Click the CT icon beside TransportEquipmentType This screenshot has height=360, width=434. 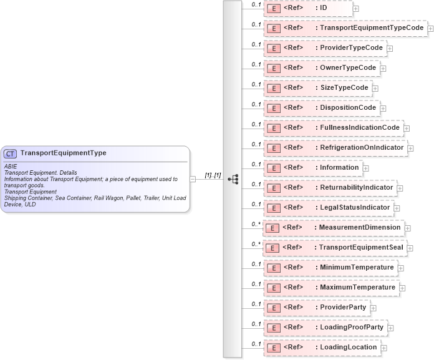point(11,153)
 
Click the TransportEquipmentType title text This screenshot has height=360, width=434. point(63,153)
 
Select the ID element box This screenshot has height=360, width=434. point(307,8)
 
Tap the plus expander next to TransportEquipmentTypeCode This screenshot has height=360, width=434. point(431,29)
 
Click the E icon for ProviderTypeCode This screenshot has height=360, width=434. point(272,48)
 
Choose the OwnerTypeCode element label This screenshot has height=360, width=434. point(348,67)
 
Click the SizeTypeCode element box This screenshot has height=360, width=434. point(318,88)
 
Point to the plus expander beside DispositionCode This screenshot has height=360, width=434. point(383,109)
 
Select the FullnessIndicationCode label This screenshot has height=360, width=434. point(360,128)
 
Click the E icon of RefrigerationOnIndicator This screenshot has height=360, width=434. point(272,148)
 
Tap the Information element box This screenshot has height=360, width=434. point(313,168)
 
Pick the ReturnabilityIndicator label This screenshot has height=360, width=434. point(356,188)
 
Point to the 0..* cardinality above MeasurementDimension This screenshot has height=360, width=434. point(256,223)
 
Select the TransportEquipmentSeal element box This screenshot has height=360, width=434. point(335,248)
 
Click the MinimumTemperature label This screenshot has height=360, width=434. point(357,267)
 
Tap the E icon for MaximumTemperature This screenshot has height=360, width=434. point(272,288)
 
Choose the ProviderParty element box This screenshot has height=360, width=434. point(316,308)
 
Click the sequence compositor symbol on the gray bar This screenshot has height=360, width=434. point(233,179)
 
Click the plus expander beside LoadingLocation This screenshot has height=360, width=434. point(383,348)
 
